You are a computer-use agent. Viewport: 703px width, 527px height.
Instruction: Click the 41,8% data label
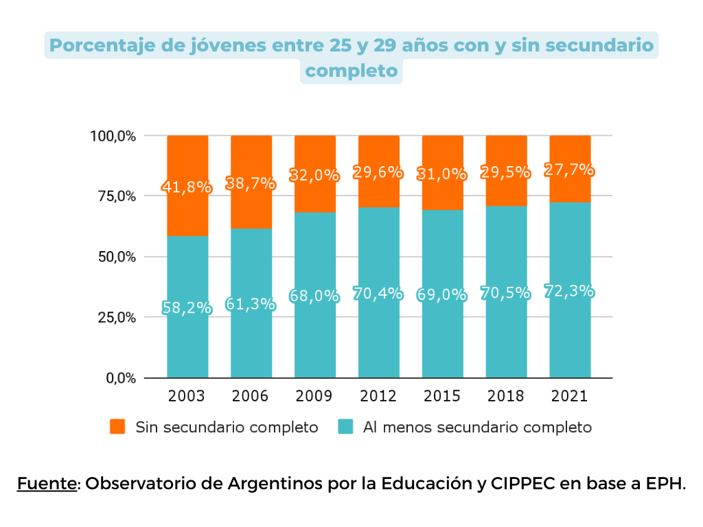tap(187, 187)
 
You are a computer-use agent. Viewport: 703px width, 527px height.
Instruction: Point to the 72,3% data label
tap(569, 292)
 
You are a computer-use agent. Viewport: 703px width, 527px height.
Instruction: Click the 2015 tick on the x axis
tap(442, 397)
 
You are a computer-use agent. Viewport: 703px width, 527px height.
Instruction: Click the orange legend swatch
tap(117, 427)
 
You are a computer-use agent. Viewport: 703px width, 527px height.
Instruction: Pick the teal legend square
tap(345, 427)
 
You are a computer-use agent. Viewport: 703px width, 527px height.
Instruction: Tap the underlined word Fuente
tap(47, 483)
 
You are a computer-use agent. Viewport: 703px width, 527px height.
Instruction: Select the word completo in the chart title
tap(351, 71)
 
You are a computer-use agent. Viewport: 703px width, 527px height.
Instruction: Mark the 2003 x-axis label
tap(187, 397)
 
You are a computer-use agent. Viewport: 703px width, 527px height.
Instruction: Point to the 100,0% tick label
tap(113, 136)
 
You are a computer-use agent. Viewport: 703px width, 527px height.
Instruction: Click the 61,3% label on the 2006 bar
tap(251, 303)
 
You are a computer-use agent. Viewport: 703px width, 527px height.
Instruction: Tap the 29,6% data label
tap(378, 172)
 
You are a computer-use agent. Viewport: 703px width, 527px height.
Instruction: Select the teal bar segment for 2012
tap(378, 336)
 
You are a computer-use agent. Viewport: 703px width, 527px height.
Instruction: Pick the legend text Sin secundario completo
tap(227, 427)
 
